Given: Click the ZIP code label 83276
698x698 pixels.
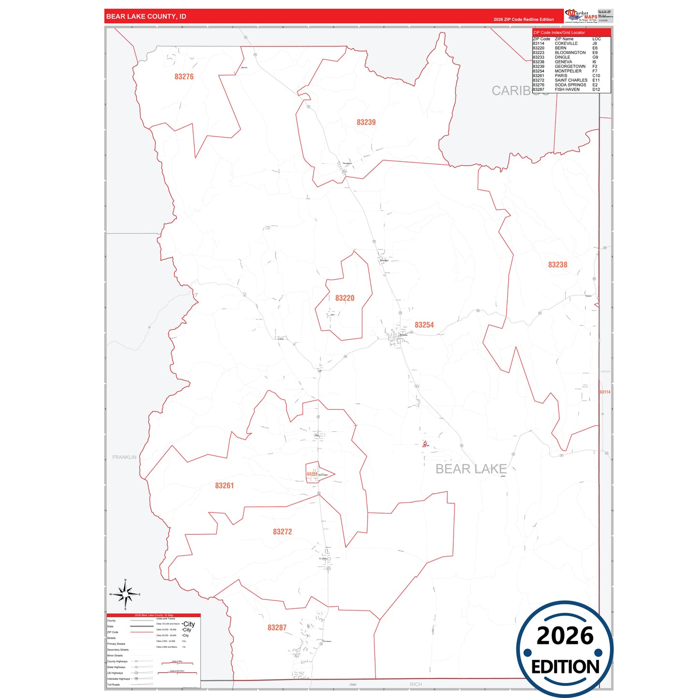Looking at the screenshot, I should [184, 77].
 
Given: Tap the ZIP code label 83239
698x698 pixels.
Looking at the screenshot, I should [366, 123].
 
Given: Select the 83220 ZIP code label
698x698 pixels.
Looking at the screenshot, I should [345, 299].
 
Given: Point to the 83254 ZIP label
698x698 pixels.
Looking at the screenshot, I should [424, 325].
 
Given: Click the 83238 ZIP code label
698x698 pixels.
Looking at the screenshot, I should [557, 265].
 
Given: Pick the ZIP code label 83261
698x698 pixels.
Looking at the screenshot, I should [224, 486].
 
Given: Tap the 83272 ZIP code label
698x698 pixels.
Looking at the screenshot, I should [283, 532].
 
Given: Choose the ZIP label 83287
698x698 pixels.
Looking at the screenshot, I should [277, 628].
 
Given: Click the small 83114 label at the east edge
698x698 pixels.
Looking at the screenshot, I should [605, 392].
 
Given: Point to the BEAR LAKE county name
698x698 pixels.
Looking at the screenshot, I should [471, 469].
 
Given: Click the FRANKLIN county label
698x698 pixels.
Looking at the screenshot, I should [124, 457].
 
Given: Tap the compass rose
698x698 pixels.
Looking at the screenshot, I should [125, 594].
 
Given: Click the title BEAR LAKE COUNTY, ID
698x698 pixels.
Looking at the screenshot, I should [146, 16].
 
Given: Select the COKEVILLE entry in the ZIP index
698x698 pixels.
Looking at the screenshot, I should [566, 43].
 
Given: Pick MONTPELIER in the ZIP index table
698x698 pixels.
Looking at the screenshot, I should [568, 71].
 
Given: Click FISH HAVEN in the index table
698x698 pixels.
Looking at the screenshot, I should [567, 89].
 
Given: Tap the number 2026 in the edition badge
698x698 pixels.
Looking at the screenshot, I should [565, 636].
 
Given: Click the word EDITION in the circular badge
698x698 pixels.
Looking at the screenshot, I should [565, 667].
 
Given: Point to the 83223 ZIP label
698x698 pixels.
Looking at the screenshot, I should [312, 474].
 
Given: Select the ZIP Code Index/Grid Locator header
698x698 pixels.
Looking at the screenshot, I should [559, 33].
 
